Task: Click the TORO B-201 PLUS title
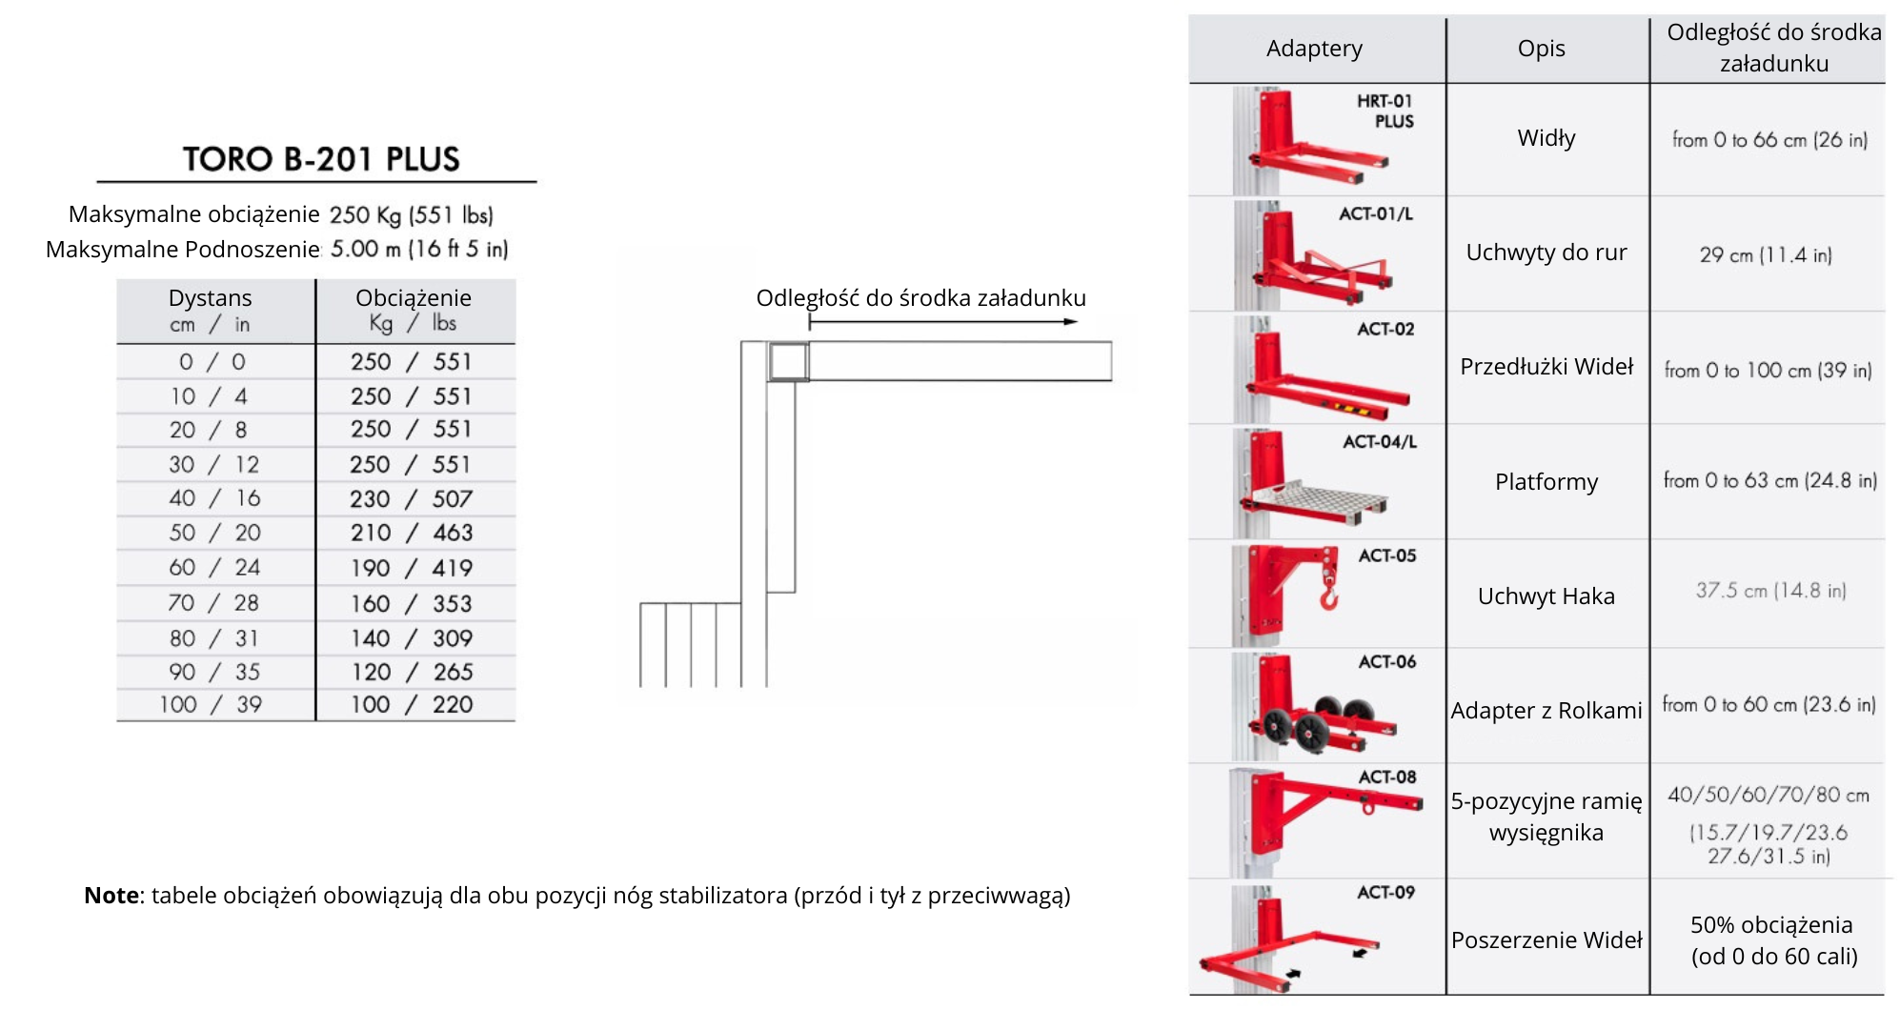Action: pyautogui.click(x=321, y=158)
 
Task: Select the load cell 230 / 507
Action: pyautogui.click(x=411, y=498)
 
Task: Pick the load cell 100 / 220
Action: pyautogui.click(x=411, y=705)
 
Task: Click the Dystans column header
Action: pyautogui.click(x=210, y=298)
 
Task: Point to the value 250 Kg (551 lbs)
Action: pyautogui.click(x=411, y=215)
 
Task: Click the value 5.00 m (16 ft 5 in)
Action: pyautogui.click(x=419, y=250)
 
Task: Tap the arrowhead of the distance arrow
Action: pyautogui.click(x=1071, y=322)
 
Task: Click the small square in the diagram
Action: pyautogui.click(x=788, y=362)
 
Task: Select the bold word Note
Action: pyautogui.click(x=111, y=896)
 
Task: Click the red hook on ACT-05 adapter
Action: pyautogui.click(x=1328, y=596)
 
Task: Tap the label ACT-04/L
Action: pyautogui.click(x=1379, y=442)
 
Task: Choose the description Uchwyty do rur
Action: pyautogui.click(x=1546, y=252)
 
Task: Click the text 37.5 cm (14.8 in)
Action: pyautogui.click(x=1770, y=591)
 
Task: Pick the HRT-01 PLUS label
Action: pyautogui.click(x=1386, y=111)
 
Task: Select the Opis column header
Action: pyautogui.click(x=1541, y=49)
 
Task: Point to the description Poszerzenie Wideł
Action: pyautogui.click(x=1546, y=940)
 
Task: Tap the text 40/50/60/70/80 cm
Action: pyautogui.click(x=1768, y=796)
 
